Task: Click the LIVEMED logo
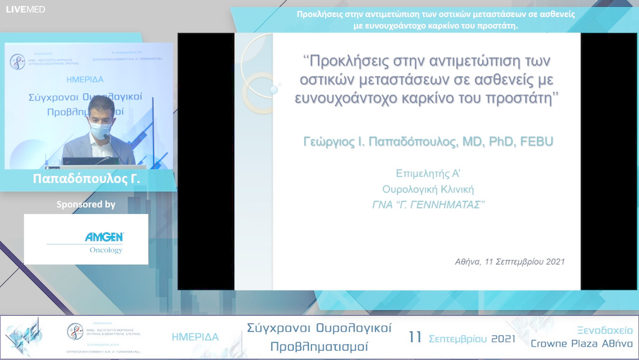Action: click(25, 9)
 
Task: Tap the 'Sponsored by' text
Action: click(86, 205)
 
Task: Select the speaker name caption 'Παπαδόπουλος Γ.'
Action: click(86, 178)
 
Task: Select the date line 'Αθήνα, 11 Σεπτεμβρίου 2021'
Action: click(509, 261)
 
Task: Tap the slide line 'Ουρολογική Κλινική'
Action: click(428, 189)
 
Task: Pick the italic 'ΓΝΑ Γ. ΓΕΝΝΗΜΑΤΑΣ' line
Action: click(428, 205)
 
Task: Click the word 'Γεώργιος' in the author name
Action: click(332, 142)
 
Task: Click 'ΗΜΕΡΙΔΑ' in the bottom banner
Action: click(195, 337)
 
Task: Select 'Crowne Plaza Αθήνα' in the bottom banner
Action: click(582, 344)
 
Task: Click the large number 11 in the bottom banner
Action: click(415, 337)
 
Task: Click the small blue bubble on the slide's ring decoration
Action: click(273, 90)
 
